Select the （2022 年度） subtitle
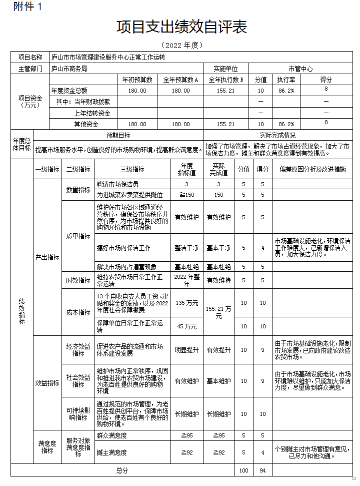tap(181, 45)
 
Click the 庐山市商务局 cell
tap(69, 68)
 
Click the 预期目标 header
tap(118, 135)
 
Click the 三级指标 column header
tap(132, 169)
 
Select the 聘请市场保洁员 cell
tap(117, 184)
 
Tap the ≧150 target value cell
tap(186, 195)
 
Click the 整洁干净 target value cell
tap(186, 248)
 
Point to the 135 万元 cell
tap(186, 303)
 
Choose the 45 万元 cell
tap(186, 326)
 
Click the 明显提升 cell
tap(186, 350)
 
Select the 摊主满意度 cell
tap(112, 452)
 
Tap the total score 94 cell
tap(262, 470)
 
